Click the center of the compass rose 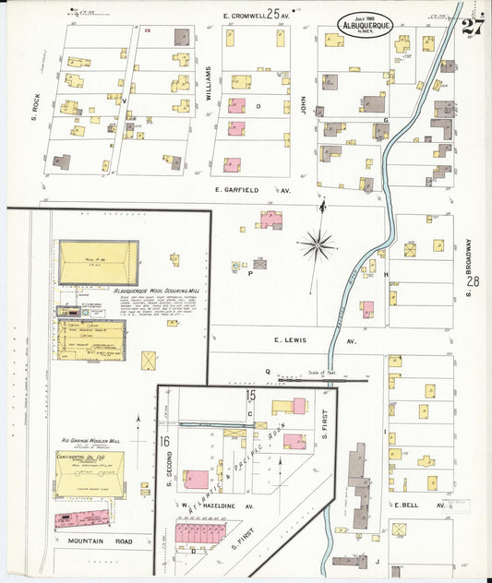coord(317,244)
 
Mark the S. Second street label coord(170,462)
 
